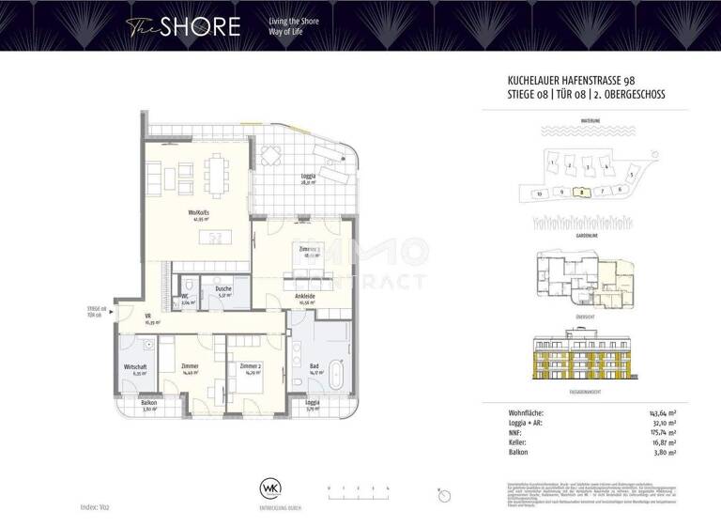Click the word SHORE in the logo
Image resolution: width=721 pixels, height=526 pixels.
[199, 25]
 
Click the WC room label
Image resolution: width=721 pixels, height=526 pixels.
[186, 295]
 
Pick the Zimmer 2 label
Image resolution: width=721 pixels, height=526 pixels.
[249, 366]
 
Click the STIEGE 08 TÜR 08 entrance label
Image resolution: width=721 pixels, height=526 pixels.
[95, 311]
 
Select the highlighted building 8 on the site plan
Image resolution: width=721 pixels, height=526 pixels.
[583, 191]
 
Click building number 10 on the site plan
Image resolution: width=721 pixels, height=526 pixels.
[539, 193]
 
